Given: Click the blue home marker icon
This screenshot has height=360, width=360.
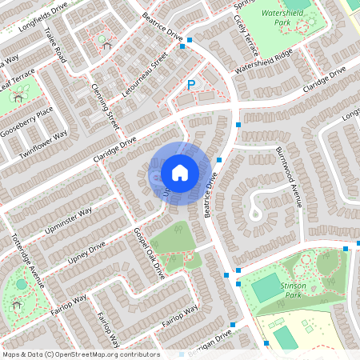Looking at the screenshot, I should pos(180,173).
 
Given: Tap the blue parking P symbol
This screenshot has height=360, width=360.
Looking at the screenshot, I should pos(190,85).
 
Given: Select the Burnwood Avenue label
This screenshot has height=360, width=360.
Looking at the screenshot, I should pos(288,175).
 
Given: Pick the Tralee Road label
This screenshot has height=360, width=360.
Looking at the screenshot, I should pos(57,44).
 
